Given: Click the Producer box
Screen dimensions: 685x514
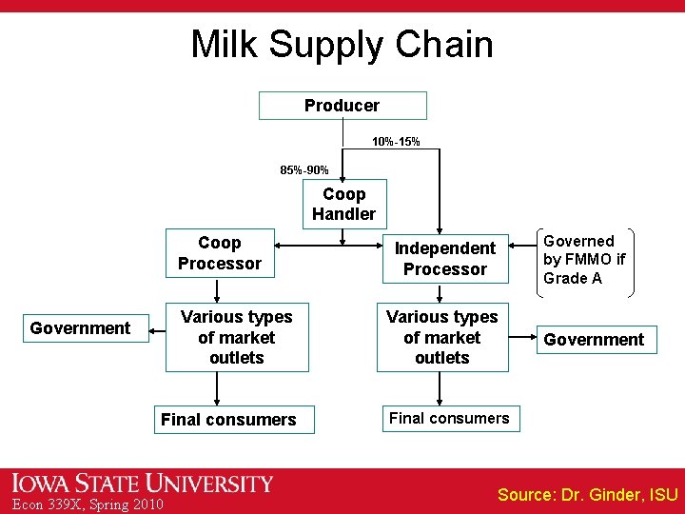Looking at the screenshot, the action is (x=342, y=106).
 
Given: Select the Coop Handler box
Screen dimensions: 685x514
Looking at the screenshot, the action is (x=343, y=204).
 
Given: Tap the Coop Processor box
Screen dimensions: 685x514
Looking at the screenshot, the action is (x=220, y=253).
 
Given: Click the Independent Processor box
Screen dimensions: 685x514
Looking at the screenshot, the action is (x=444, y=258).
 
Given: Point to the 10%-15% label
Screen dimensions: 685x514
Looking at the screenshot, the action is (x=396, y=142).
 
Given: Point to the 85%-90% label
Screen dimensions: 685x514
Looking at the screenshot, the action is (x=304, y=170).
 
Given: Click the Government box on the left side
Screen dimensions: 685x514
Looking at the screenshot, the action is (x=80, y=328).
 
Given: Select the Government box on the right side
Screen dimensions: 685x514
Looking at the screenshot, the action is (x=594, y=340).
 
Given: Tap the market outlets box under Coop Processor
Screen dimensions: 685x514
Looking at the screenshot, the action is (x=236, y=337).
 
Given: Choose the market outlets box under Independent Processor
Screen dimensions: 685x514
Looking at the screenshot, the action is (x=442, y=337).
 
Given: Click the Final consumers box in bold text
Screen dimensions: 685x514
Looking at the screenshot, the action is (x=228, y=420).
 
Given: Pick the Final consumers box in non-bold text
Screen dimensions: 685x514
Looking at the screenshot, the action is (x=449, y=418).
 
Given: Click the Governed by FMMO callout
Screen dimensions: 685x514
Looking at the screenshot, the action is (x=584, y=260).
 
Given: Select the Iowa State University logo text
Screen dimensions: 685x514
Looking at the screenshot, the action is (x=142, y=484).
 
